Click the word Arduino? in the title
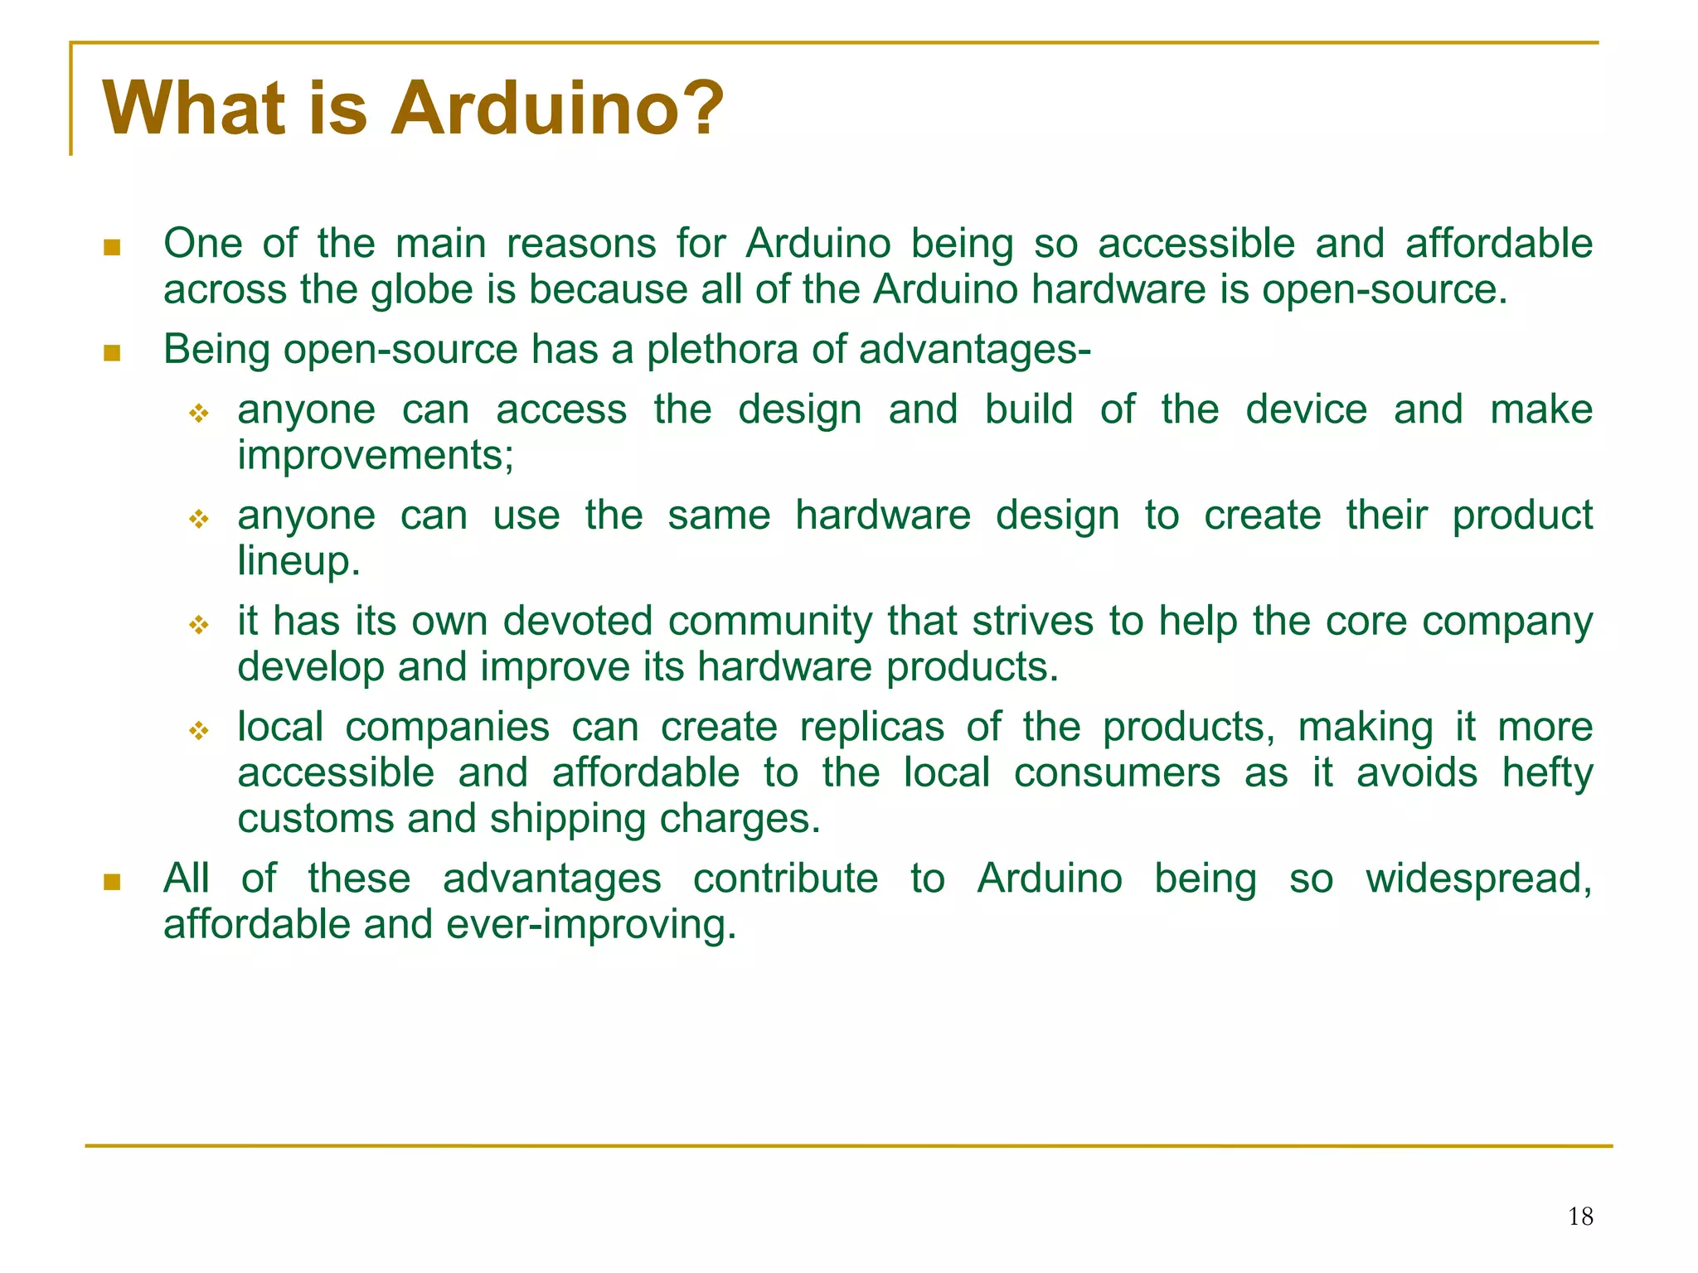click(557, 109)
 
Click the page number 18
click(1580, 1217)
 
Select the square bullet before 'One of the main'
click(112, 247)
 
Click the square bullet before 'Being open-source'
click(112, 353)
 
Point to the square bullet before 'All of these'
click(112, 882)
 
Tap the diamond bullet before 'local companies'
click(199, 731)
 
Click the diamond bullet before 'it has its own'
click(199, 625)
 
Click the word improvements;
click(376, 455)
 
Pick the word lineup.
click(298, 561)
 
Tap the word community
click(770, 622)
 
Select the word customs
click(315, 820)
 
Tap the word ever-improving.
click(591, 925)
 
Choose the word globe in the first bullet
click(422, 291)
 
